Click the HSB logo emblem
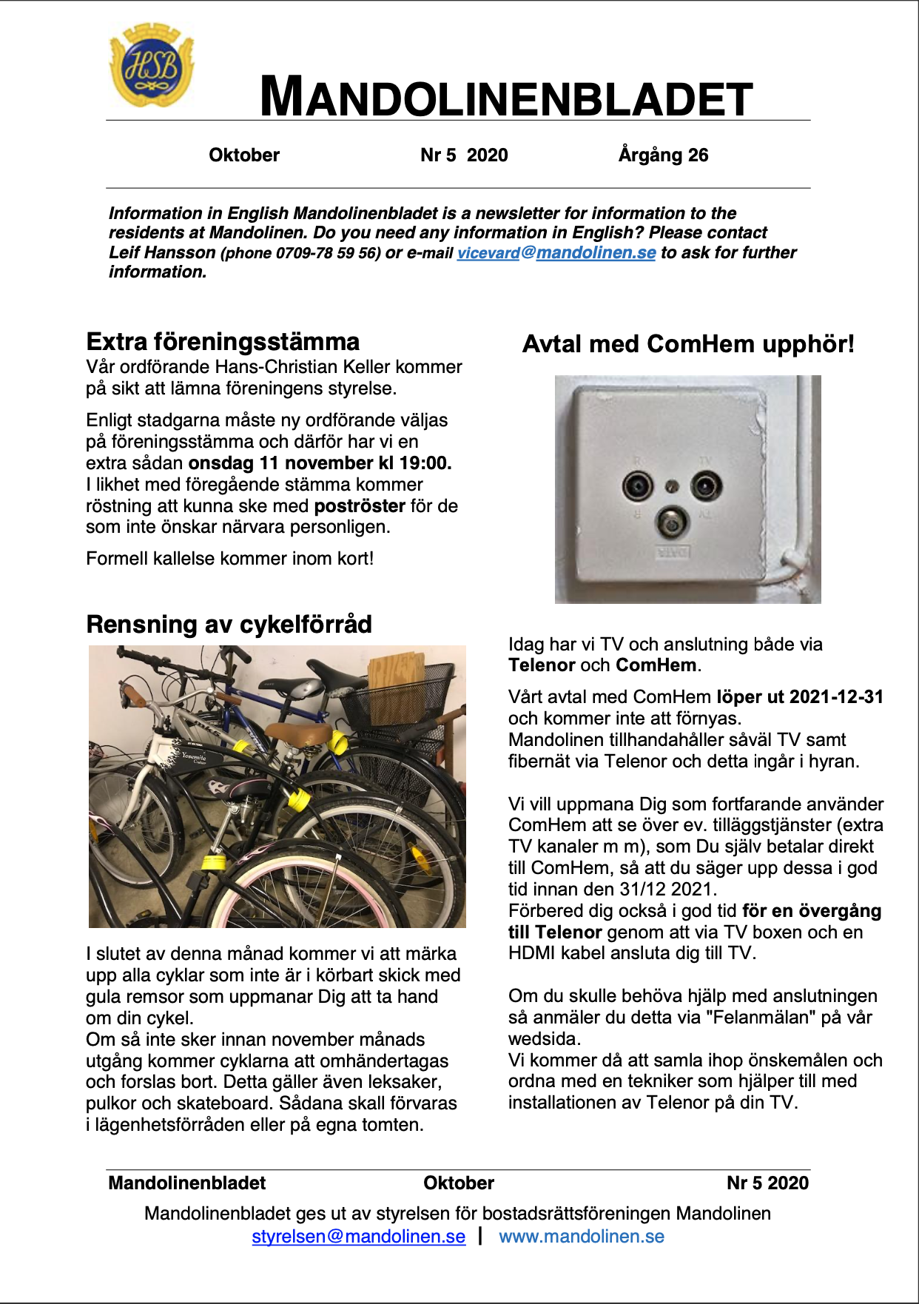152,65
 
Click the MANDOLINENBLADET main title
506,97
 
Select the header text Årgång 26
663,155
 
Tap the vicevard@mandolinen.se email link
556,252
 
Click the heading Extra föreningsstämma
223,341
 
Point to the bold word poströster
360,506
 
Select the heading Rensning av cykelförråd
229,624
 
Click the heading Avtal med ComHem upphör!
688,344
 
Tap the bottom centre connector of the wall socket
672,523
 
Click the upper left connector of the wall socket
637,486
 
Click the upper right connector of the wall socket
707,486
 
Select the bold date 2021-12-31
836,697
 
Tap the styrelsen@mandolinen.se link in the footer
359,1237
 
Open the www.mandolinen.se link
582,1237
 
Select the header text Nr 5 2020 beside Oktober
464,155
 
